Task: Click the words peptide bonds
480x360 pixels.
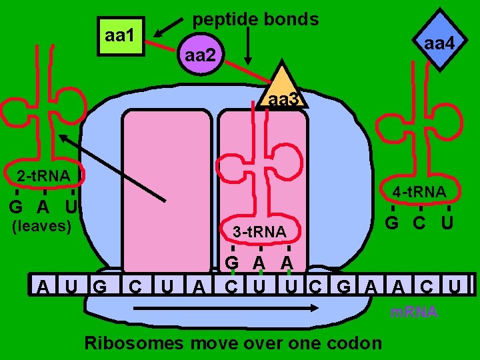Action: pos(255,19)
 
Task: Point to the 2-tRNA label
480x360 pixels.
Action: pos(43,175)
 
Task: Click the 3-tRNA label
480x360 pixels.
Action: pos(260,231)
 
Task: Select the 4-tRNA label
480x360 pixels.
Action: pos(419,192)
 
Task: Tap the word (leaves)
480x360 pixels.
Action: pos(42,225)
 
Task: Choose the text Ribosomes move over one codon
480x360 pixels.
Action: pos(233,343)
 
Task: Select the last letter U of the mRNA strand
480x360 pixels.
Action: pos(454,287)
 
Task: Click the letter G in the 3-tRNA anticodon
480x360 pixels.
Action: pos(232,262)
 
